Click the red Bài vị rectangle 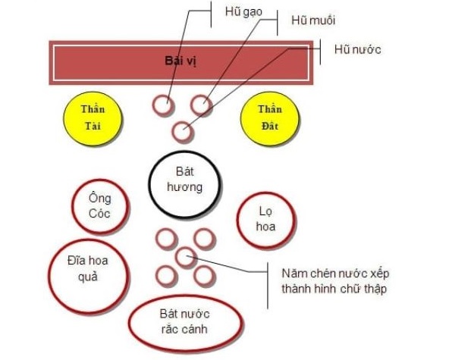[x=182, y=61]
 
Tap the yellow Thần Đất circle [x=267, y=117]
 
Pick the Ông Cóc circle [x=99, y=205]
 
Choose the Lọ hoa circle [x=266, y=220]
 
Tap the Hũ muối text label [x=313, y=20]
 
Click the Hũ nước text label [x=356, y=50]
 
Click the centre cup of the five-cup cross [x=186, y=257]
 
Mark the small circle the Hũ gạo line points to [x=161, y=105]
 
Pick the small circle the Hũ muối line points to [x=201, y=105]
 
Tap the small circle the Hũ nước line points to [x=181, y=131]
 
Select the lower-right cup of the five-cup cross [x=204, y=275]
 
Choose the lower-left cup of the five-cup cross [x=166, y=275]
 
